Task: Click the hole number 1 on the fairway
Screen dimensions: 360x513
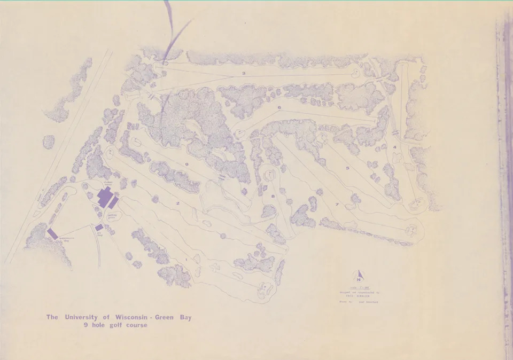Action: pyautogui.click(x=185, y=260)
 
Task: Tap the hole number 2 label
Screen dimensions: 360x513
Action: pyautogui.click(x=177, y=204)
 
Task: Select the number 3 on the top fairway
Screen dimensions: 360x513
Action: pyautogui.click(x=243, y=73)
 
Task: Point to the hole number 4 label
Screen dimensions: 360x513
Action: pyautogui.click(x=394, y=147)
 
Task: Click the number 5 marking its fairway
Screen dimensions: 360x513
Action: pyautogui.click(x=347, y=168)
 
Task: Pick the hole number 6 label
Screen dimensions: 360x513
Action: pyautogui.click(x=279, y=108)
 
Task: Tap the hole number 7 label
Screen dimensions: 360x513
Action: pyautogui.click(x=337, y=204)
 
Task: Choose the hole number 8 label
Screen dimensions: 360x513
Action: pyautogui.click(x=273, y=197)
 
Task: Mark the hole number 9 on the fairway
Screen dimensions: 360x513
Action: pyautogui.click(x=186, y=165)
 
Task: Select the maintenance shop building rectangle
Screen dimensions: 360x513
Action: pyautogui.click(x=52, y=233)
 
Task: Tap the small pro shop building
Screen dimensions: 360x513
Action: pyautogui.click(x=99, y=228)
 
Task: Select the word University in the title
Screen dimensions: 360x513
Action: pyautogui.click(x=82, y=317)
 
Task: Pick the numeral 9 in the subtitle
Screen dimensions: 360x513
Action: pyautogui.click(x=78, y=325)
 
